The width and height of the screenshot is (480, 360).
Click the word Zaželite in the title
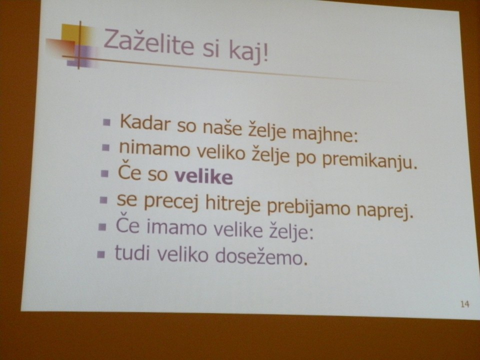click(149, 43)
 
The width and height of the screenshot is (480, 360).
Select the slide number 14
click(464, 304)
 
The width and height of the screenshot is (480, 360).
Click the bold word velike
click(203, 176)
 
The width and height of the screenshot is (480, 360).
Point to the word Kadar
click(145, 122)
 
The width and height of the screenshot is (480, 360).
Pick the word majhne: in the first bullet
click(325, 134)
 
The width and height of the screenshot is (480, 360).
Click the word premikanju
click(370, 161)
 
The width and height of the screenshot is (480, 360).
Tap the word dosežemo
click(261, 256)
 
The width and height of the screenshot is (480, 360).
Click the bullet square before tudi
click(101, 254)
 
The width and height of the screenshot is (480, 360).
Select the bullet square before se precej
click(104, 200)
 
